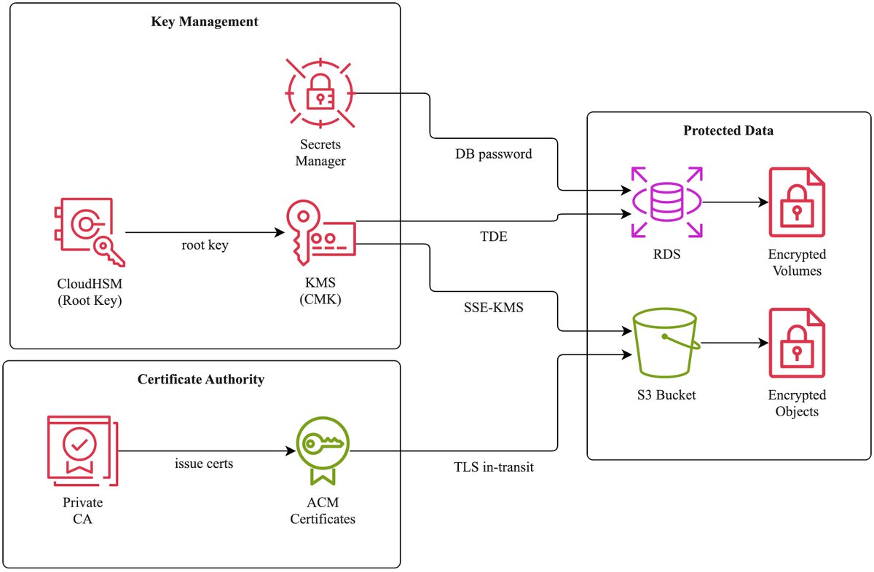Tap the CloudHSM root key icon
coord(89,232)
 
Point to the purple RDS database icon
coord(666,202)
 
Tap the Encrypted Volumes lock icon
coord(797,202)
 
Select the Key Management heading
coord(205,21)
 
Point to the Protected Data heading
coord(728,131)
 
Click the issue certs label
coord(204,463)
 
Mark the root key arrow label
coord(205,245)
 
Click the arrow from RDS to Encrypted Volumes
coord(731,202)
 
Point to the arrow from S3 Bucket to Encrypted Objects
coord(731,342)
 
